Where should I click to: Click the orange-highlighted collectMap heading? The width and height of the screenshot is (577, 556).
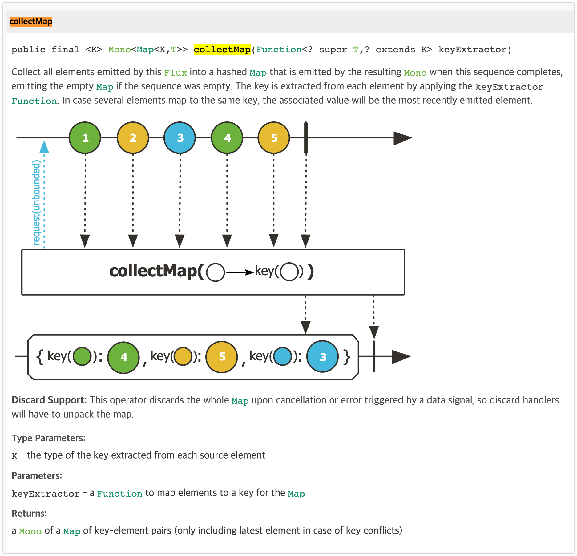(31, 22)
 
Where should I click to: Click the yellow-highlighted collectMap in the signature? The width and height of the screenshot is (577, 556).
(222, 50)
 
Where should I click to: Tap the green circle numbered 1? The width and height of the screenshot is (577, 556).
(85, 138)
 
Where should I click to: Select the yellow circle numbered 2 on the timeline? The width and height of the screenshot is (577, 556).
(133, 138)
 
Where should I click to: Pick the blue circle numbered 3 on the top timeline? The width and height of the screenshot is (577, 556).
(180, 138)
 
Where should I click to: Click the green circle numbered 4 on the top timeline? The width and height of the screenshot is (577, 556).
(227, 138)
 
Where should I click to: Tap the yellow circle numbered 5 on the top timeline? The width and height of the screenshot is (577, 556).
(274, 138)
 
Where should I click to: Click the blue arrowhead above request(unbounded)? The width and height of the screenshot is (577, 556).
(44, 147)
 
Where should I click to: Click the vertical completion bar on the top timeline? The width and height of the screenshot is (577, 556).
(306, 138)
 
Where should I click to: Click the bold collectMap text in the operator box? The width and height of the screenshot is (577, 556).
(153, 271)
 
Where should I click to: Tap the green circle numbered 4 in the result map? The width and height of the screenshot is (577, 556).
(123, 357)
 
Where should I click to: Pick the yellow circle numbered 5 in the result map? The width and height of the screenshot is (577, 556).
(222, 357)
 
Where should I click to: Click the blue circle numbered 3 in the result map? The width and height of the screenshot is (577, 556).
(322, 357)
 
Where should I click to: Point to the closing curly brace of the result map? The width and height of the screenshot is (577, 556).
(347, 357)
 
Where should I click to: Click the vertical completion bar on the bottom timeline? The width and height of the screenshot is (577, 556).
(374, 356)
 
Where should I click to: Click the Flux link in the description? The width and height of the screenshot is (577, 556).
(176, 73)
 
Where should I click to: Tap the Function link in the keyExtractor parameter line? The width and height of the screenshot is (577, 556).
(119, 494)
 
